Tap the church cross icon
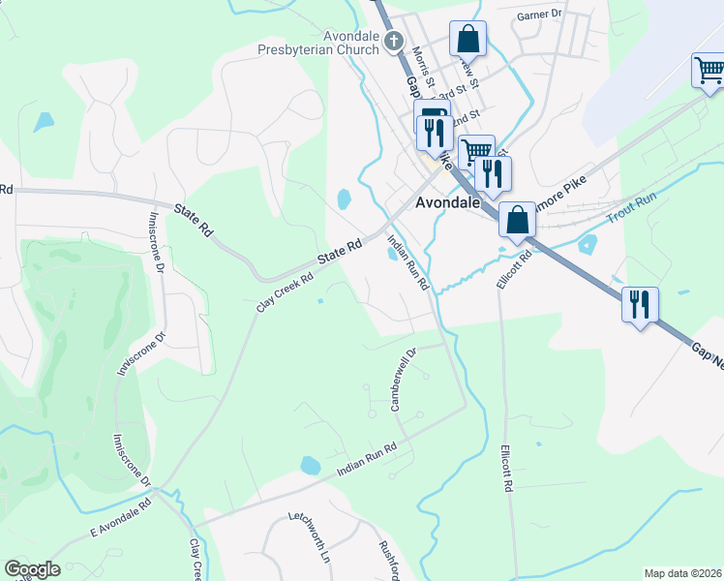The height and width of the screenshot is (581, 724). tap(393, 41)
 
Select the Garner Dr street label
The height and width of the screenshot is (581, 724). tap(539, 15)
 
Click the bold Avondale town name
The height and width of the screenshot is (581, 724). tap(449, 204)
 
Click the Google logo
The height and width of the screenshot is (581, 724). tap(32, 569)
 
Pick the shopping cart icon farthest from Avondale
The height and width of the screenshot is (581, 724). tap(709, 71)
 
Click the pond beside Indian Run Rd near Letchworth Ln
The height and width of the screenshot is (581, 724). tap(311, 465)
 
